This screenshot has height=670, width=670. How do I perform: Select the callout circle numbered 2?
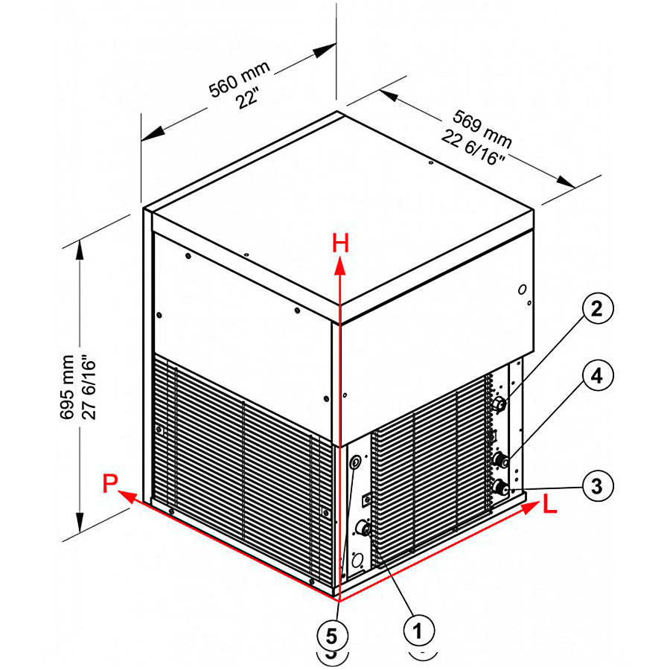(596, 310)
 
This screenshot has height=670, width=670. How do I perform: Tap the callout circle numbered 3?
(596, 486)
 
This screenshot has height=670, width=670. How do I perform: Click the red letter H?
(340, 243)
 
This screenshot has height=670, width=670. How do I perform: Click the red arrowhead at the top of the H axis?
(340, 266)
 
